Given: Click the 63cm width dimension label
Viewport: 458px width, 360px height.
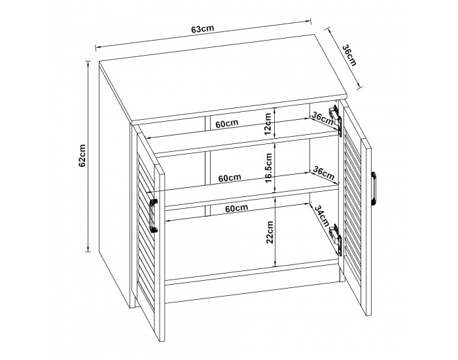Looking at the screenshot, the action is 203,29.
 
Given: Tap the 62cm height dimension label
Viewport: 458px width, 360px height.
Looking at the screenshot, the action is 82,156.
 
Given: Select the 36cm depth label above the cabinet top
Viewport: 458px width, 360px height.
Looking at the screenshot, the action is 349,55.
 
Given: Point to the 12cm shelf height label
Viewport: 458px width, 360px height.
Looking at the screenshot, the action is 268,124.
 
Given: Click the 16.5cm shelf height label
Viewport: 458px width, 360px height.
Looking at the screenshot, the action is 269,168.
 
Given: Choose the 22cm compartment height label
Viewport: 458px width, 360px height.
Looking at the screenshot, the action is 270,232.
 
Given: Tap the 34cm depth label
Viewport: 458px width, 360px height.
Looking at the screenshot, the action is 322,215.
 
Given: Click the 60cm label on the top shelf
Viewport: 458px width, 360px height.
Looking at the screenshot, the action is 227,123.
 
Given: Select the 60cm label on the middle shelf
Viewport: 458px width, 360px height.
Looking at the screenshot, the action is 230,177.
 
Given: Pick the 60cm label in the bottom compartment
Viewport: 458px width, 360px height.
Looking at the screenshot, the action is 237,208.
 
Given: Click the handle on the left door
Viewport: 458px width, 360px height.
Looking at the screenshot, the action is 153,215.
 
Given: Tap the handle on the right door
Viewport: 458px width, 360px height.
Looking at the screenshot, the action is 374,189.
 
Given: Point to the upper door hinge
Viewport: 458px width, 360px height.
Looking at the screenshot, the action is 336,120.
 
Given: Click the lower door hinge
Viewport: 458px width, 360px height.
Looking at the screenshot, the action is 336,240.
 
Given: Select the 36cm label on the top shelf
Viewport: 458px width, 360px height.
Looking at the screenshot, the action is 323,117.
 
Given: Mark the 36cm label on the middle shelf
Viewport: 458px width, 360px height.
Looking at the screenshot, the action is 324,173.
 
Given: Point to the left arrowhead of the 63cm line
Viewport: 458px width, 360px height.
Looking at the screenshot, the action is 98,47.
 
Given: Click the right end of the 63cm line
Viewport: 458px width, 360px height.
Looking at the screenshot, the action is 310,20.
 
